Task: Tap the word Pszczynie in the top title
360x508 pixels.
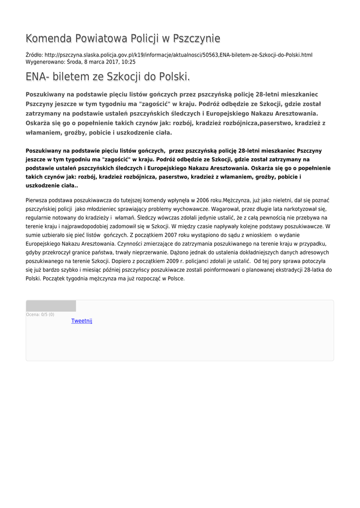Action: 197,39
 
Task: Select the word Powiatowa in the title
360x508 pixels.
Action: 100,39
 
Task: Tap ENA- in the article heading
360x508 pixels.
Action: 38,77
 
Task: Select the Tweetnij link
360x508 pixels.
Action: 82,321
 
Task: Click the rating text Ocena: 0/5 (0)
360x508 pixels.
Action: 40,315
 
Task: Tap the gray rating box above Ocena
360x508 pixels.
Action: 51,306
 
